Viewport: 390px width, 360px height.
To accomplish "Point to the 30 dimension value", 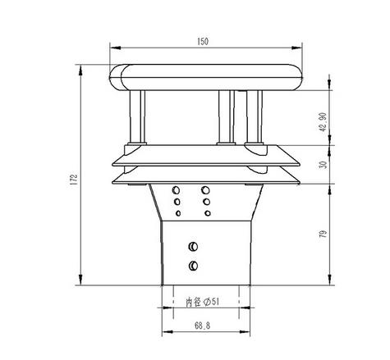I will (323, 164).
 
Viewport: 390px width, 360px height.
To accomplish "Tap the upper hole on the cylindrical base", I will (193, 246).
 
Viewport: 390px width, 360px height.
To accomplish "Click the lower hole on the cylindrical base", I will (193, 265).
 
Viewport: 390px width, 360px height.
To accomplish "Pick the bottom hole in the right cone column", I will (205, 212).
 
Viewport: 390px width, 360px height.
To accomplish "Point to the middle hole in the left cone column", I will (176, 201).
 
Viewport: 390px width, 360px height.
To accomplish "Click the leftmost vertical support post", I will (136, 116).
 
